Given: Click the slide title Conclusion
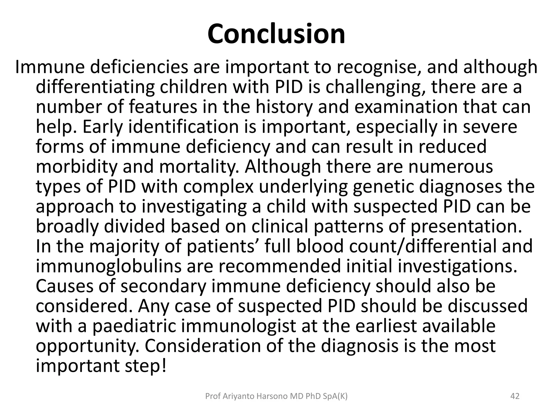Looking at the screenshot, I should (x=276, y=34).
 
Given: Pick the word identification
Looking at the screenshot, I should (x=184, y=127).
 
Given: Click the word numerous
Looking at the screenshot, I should (x=451, y=166).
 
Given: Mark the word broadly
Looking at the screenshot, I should (x=67, y=226).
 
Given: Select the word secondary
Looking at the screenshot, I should (x=163, y=286).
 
